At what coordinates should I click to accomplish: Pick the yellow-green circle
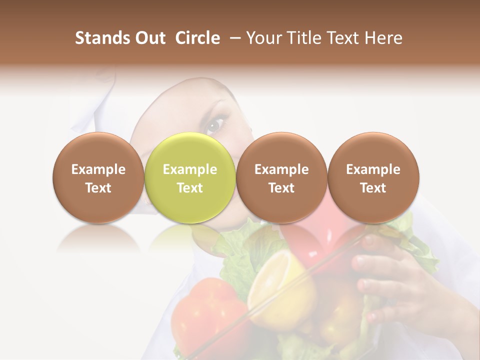189,177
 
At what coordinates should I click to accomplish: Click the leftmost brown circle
98,177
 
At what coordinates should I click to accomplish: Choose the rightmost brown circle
373,177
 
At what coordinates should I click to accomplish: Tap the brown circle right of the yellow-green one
281,177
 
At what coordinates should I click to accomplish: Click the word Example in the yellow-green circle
189,169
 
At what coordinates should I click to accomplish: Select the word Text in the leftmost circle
98,188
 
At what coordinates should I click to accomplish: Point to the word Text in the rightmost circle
373,188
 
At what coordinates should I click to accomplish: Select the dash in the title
235,38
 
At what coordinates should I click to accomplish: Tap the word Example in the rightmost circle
373,169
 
